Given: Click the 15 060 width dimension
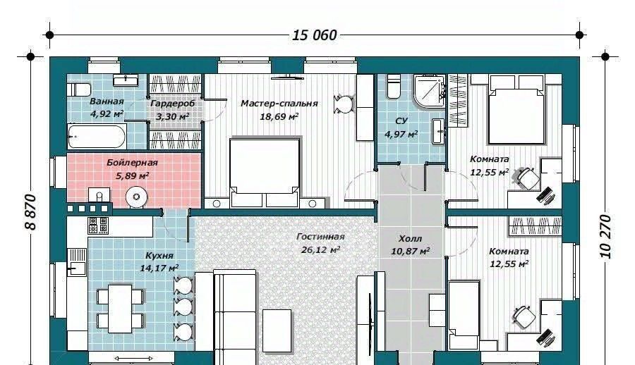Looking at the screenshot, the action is pyautogui.click(x=314, y=35).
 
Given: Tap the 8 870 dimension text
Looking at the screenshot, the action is pyautogui.click(x=31, y=212).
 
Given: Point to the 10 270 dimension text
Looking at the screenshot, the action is pyautogui.click(x=605, y=237).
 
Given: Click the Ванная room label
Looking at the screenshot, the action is pyautogui.click(x=107, y=101).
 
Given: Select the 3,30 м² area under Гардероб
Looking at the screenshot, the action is pyautogui.click(x=173, y=116).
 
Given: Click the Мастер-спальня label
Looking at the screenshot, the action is pyautogui.click(x=279, y=103).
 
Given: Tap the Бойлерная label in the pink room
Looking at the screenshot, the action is pyautogui.click(x=132, y=163).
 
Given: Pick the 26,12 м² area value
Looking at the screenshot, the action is pyautogui.click(x=320, y=249).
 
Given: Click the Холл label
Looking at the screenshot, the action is pyautogui.click(x=410, y=239).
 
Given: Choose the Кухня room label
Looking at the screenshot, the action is pyautogui.click(x=159, y=256).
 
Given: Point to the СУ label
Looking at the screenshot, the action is pyautogui.click(x=401, y=120).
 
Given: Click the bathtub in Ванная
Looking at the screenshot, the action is pyautogui.click(x=97, y=137).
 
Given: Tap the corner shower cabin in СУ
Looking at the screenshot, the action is pyautogui.click(x=430, y=91).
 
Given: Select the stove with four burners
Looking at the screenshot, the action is pyautogui.click(x=98, y=225).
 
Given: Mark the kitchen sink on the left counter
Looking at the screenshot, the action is pyautogui.click(x=76, y=262).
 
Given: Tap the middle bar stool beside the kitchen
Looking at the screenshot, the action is pyautogui.click(x=183, y=307).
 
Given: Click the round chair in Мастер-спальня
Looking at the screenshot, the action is pyautogui.click(x=344, y=104).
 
